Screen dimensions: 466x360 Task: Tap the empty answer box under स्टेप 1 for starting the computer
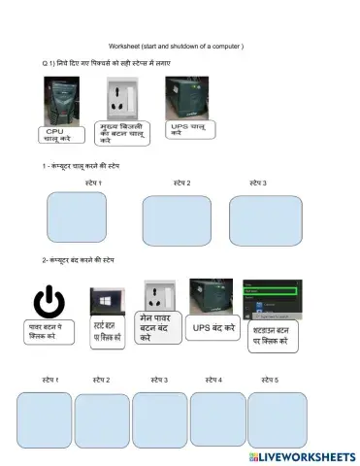77,216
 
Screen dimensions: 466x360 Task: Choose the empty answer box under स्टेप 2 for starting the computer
177,219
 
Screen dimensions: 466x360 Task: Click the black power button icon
49,302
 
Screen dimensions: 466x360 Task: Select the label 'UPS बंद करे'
213,329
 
